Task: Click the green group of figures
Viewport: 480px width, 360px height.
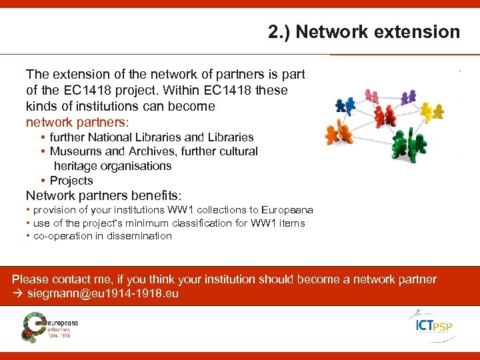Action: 409,144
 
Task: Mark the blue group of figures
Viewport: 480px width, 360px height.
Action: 345,105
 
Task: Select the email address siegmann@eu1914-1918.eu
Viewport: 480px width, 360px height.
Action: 103,294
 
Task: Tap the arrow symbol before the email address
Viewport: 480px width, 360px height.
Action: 18,294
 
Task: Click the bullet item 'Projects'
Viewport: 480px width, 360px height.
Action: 71,181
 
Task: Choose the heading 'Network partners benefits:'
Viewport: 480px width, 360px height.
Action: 103,195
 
